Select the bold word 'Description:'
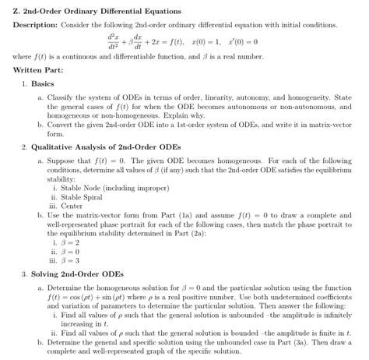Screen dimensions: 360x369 (x=36, y=24)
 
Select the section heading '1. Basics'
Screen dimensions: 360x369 (x=40, y=83)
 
